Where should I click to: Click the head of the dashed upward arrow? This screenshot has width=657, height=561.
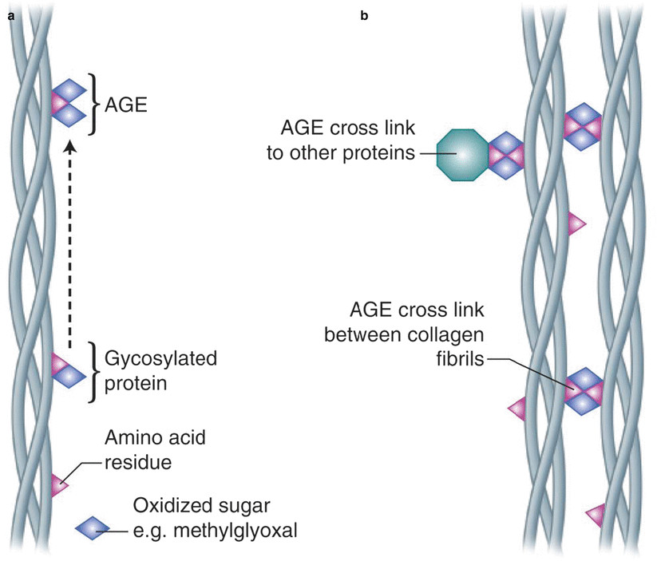[70, 146]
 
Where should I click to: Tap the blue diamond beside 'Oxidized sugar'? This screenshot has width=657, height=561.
[93, 527]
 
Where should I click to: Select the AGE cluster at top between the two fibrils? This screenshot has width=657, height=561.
[582, 125]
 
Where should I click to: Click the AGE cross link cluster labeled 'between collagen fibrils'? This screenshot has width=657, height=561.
[584, 391]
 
